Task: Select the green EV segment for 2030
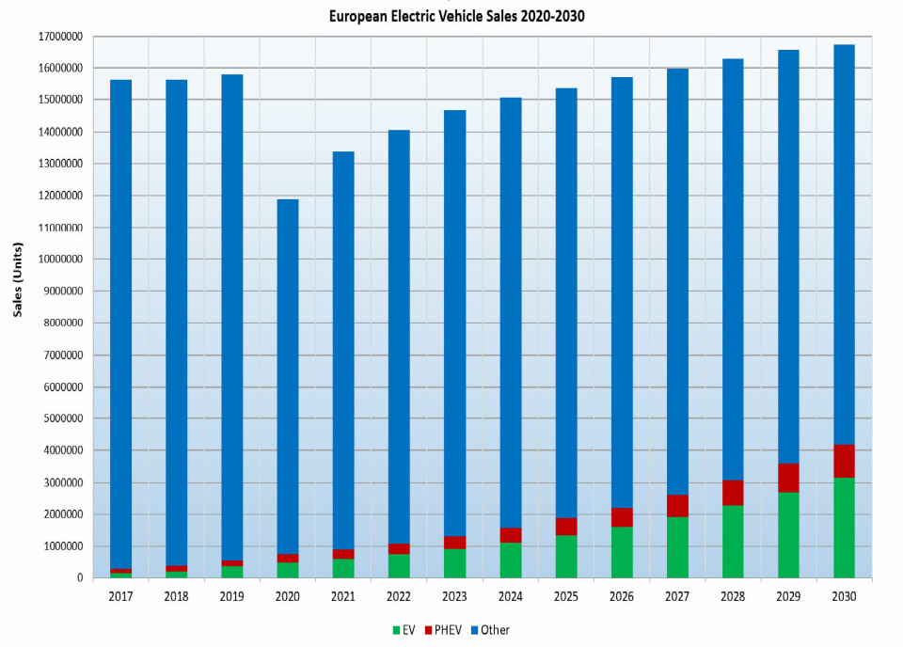pyautogui.click(x=844, y=528)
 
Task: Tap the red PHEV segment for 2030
pyautogui.click(x=844, y=461)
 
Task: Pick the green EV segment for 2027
pyautogui.click(x=677, y=546)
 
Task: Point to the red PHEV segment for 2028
pyautogui.click(x=733, y=493)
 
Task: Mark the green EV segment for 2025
pyautogui.click(x=565, y=556)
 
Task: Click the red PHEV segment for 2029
pyautogui.click(x=788, y=478)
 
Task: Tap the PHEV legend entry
pyautogui.click(x=444, y=630)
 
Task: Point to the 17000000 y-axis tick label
pyautogui.click(x=57, y=37)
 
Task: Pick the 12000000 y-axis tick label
pyautogui.click(x=57, y=196)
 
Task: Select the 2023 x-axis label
pyautogui.click(x=453, y=596)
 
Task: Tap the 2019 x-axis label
pyautogui.click(x=231, y=596)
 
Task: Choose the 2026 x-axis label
pyautogui.click(x=621, y=596)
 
